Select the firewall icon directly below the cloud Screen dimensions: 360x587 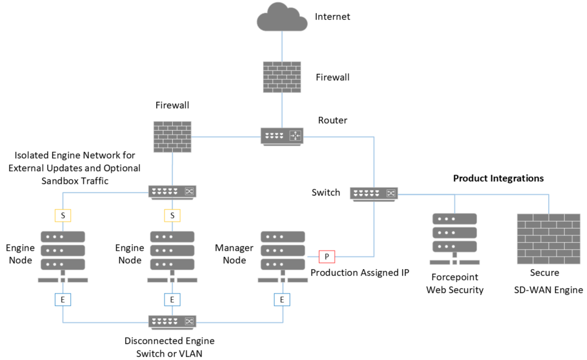tap(281, 76)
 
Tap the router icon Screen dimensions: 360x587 tap(281, 136)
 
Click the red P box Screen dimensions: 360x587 tap(327, 256)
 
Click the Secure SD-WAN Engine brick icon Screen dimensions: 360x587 tap(548, 239)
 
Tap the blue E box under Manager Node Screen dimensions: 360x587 tap(282, 300)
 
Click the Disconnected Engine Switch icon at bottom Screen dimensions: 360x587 tap(172, 321)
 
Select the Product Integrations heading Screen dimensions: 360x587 tap(498, 178)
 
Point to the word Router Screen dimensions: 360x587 tap(333, 120)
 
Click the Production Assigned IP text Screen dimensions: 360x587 tap(359, 272)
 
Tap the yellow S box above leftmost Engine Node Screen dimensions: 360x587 tap(63, 215)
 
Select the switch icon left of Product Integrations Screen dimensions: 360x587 tap(374, 193)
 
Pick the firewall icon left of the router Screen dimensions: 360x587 tap(172, 136)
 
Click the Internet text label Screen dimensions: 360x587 tap(332, 17)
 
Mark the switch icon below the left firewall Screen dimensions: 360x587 tap(172, 192)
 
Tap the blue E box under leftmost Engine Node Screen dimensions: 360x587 tap(63, 300)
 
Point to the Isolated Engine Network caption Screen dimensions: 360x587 tap(75, 167)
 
